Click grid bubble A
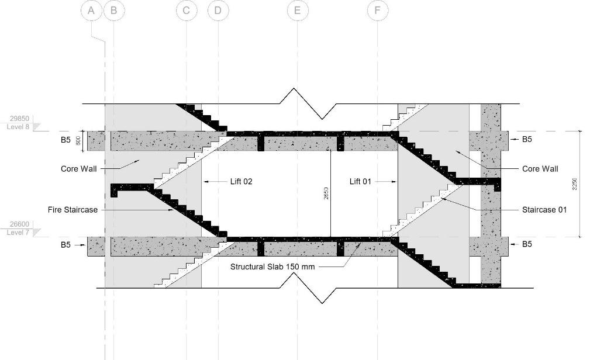92,11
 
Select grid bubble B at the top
113,11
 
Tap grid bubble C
187,11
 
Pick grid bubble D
218,11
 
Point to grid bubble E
297,11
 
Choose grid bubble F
377,11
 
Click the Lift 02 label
241,182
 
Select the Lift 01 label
360,182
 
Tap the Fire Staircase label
73,209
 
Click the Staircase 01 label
544,210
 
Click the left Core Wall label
79,169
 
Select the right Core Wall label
540,169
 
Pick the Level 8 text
18,126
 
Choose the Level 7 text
18,233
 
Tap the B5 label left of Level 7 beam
65,245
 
